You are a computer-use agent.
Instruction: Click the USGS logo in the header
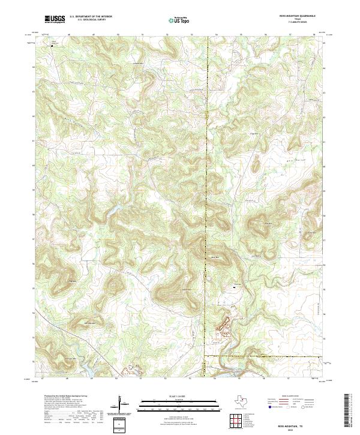point(55,19)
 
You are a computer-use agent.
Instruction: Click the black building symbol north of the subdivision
point(234,289)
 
